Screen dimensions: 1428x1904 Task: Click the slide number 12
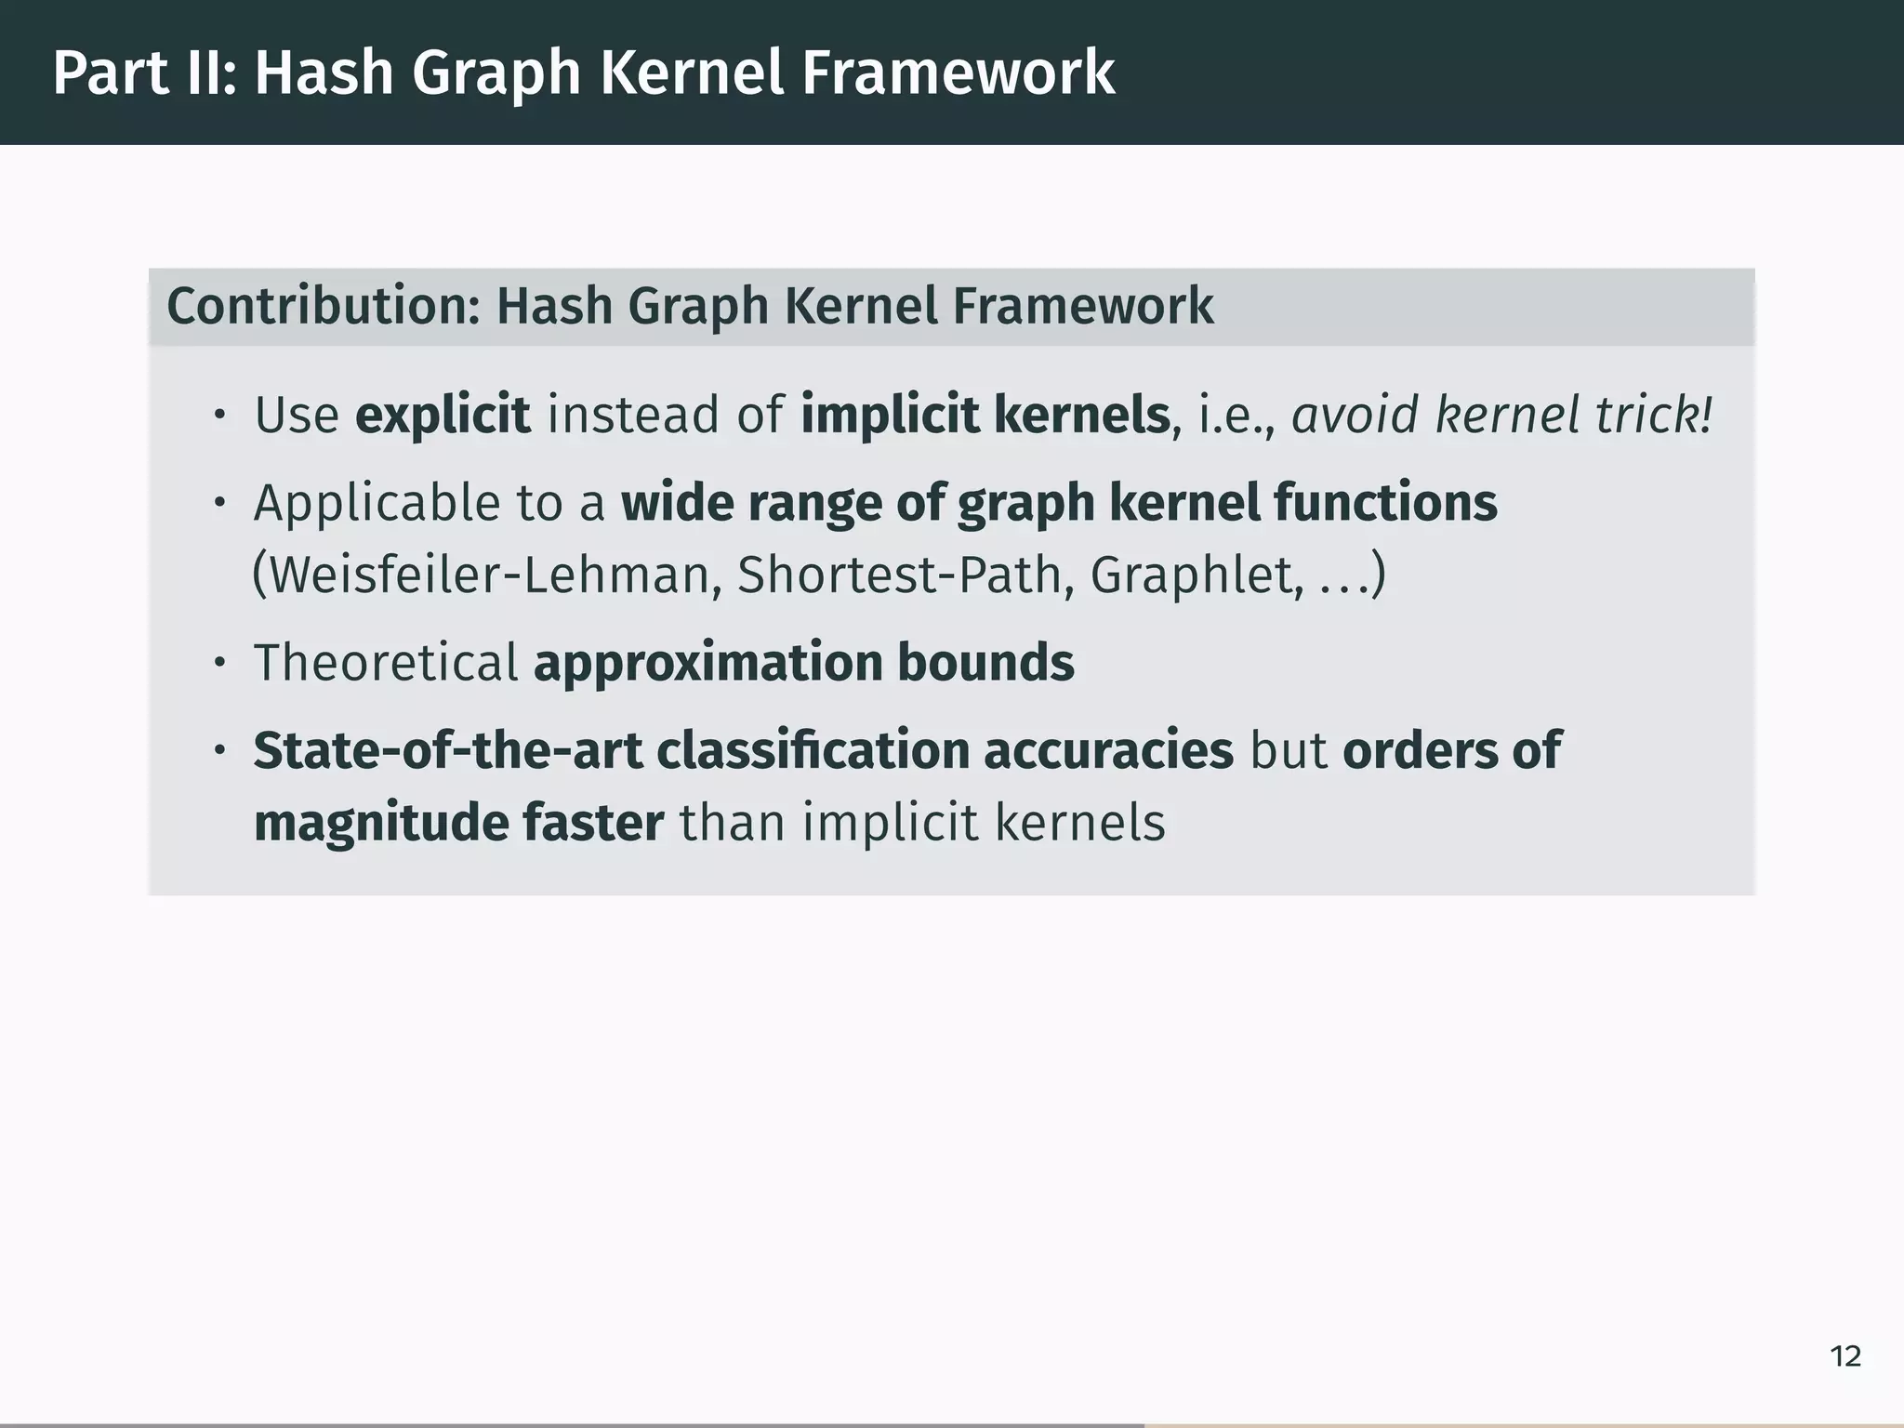point(1845,1356)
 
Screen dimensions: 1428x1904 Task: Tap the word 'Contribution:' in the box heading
point(323,306)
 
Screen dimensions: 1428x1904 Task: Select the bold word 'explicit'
point(443,415)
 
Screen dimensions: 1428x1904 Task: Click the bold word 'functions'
point(1385,503)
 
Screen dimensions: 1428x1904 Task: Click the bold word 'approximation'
point(708,663)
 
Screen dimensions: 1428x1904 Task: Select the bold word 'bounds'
point(985,663)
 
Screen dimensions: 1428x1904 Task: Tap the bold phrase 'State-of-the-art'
point(448,750)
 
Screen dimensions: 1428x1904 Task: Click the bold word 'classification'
point(813,750)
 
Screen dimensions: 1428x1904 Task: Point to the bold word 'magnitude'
point(379,823)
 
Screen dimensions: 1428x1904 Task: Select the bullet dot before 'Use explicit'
point(219,416)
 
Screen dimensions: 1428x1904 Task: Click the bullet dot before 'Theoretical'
point(219,664)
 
